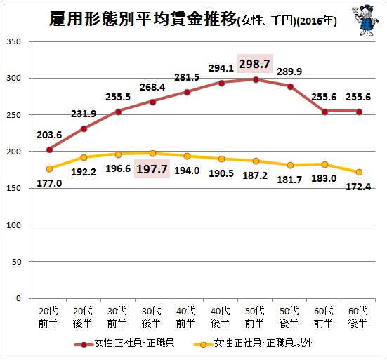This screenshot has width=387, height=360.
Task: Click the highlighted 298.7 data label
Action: click(255, 64)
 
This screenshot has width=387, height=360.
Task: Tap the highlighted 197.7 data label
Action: click(152, 169)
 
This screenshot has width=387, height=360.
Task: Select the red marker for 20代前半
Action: click(50, 150)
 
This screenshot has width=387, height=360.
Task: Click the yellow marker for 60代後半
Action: click(359, 173)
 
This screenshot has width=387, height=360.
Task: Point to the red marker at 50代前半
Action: click(256, 79)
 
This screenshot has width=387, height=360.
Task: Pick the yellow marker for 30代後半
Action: click(153, 154)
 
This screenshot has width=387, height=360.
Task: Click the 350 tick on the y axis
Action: click(13, 41)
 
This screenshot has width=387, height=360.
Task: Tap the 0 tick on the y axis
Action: click(18, 298)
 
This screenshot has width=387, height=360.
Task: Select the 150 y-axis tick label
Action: click(13, 188)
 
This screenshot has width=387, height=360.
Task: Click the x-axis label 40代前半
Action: click(186, 317)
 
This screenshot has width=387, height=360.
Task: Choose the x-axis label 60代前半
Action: click(324, 317)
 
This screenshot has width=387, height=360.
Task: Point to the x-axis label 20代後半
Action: click(83, 317)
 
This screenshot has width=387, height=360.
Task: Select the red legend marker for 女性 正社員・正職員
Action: click(84, 345)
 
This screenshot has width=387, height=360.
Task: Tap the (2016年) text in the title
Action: click(317, 21)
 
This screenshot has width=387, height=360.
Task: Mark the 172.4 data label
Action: click(358, 187)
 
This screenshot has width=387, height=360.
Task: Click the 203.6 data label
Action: click(49, 135)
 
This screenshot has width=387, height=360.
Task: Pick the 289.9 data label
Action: click(289, 72)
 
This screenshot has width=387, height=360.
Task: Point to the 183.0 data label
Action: click(324, 178)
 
